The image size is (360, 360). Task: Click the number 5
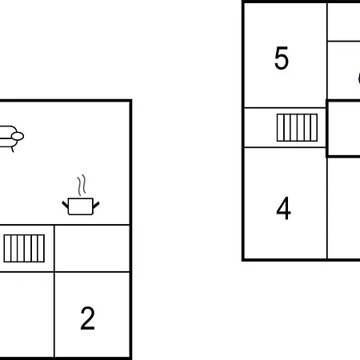pyautogui.click(x=282, y=58)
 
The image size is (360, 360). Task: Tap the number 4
pyautogui.click(x=283, y=208)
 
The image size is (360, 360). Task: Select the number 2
pyautogui.click(x=87, y=318)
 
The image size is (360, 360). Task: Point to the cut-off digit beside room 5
pyautogui.click(x=358, y=78)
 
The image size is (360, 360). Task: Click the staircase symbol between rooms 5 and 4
pyautogui.click(x=297, y=127)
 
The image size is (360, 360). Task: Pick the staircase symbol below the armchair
pyautogui.click(x=24, y=248)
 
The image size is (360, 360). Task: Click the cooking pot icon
pyautogui.click(x=81, y=206)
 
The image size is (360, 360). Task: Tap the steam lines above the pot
pyautogui.click(x=82, y=185)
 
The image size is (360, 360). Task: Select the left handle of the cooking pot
pyautogui.click(x=65, y=205)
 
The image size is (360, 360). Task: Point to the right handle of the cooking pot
pyautogui.click(x=96, y=205)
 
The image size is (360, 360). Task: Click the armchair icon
pyautogui.click(x=10, y=138)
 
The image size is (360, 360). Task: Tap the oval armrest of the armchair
pyautogui.click(x=18, y=136)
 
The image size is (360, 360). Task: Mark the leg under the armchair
pyautogui.click(x=12, y=150)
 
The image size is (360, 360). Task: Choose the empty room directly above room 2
pyautogui.click(x=92, y=249)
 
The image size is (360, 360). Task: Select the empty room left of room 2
pyautogui.click(x=26, y=314)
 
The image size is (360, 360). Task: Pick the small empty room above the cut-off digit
pyautogui.click(x=344, y=22)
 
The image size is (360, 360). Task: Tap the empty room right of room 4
pyautogui.click(x=344, y=207)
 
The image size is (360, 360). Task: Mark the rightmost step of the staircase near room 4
pyautogui.click(x=314, y=127)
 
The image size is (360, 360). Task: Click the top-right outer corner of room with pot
pyautogui.click(x=131, y=101)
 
